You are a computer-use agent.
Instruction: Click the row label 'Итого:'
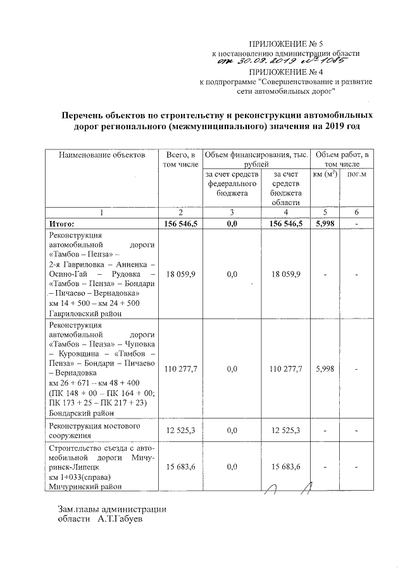tap(61, 224)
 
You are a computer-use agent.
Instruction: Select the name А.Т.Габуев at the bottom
tap(121, 520)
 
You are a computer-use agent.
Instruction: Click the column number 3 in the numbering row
tap(232, 212)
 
